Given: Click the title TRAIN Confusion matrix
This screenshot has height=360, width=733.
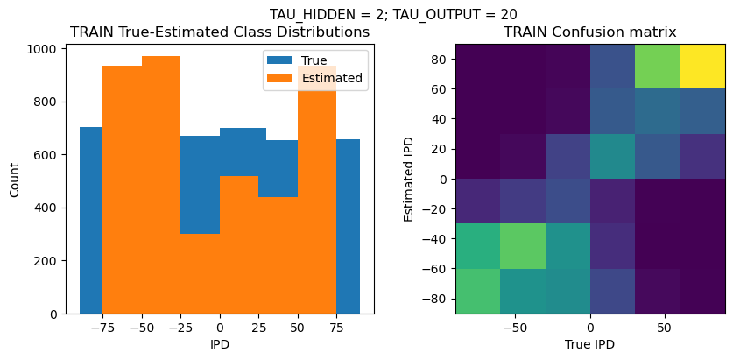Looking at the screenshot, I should [589, 32].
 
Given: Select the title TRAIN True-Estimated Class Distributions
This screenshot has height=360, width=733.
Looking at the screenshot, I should [220, 32].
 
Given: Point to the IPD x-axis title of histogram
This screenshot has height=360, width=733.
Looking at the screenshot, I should [220, 344].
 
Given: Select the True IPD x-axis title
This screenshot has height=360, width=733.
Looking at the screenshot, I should [589, 344].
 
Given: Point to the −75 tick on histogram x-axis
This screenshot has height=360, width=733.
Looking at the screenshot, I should [102, 327].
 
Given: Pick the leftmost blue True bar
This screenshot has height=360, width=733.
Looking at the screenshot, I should [90, 219].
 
